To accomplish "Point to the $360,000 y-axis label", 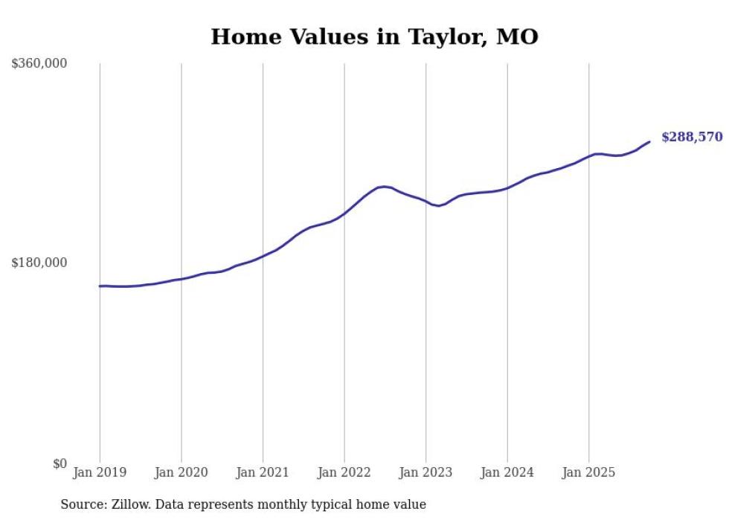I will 39,64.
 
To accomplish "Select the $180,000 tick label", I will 39,263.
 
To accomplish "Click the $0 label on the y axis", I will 60,463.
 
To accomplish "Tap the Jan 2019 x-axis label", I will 100,472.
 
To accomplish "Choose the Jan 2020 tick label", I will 182,472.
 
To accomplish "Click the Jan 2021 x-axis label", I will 263,472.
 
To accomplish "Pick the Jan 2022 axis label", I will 344,472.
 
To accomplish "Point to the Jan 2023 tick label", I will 425,472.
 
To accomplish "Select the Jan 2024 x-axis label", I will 507,472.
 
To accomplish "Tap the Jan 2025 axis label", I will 588,472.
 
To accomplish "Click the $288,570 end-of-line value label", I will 692,137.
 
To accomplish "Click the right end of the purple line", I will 649,142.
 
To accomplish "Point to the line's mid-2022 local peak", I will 384,187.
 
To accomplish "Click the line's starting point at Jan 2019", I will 100,286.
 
